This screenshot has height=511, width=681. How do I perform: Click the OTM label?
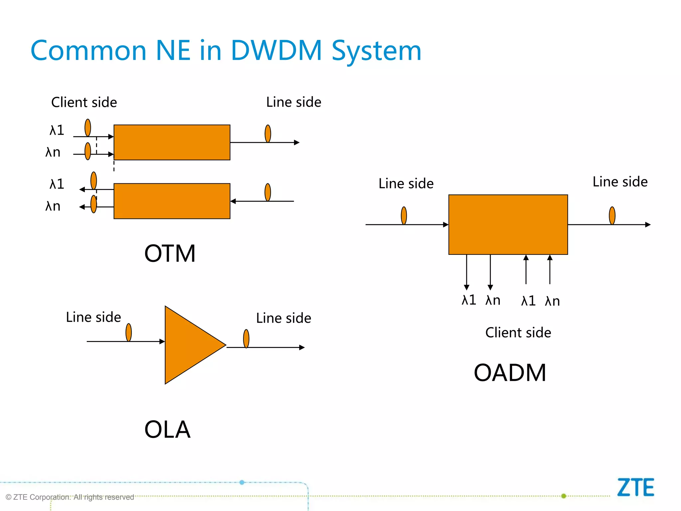tap(170, 254)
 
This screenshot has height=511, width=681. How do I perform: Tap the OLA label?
tap(167, 429)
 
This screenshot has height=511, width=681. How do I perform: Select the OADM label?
tap(510, 373)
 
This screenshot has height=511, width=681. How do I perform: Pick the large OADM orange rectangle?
tap(508, 225)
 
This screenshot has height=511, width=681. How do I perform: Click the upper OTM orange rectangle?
tap(172, 142)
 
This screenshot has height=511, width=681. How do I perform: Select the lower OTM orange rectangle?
tap(172, 201)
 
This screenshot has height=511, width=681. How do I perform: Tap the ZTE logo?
tap(635, 487)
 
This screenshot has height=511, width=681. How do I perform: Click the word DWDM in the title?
tap(276, 51)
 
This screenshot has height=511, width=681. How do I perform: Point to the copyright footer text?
tap(70, 497)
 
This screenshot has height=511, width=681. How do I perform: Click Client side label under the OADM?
tap(518, 333)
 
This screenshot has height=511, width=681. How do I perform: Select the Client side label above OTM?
tap(84, 102)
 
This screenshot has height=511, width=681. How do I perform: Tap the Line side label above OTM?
tap(294, 102)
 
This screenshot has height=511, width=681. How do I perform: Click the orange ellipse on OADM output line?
tap(612, 216)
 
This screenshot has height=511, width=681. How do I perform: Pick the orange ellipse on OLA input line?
tap(129, 332)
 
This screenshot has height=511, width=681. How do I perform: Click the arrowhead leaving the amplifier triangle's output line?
tap(302, 347)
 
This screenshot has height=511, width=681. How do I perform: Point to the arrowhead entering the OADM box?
tap(446, 225)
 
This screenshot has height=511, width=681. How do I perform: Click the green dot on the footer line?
tap(564, 496)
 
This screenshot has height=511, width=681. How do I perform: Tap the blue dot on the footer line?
tap(242, 482)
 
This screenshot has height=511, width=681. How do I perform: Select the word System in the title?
tap(376, 51)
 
